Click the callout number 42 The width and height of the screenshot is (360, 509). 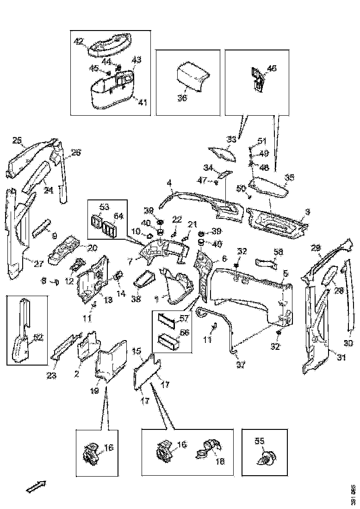79,41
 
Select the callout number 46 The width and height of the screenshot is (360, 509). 272,68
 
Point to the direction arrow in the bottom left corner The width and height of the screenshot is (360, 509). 36,486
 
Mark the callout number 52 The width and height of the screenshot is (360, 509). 38,337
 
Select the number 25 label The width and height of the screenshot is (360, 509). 17,140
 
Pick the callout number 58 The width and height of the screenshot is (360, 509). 278,252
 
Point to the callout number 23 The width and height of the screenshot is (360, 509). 51,375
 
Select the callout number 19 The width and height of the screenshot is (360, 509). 94,391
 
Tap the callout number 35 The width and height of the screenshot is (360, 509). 290,177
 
